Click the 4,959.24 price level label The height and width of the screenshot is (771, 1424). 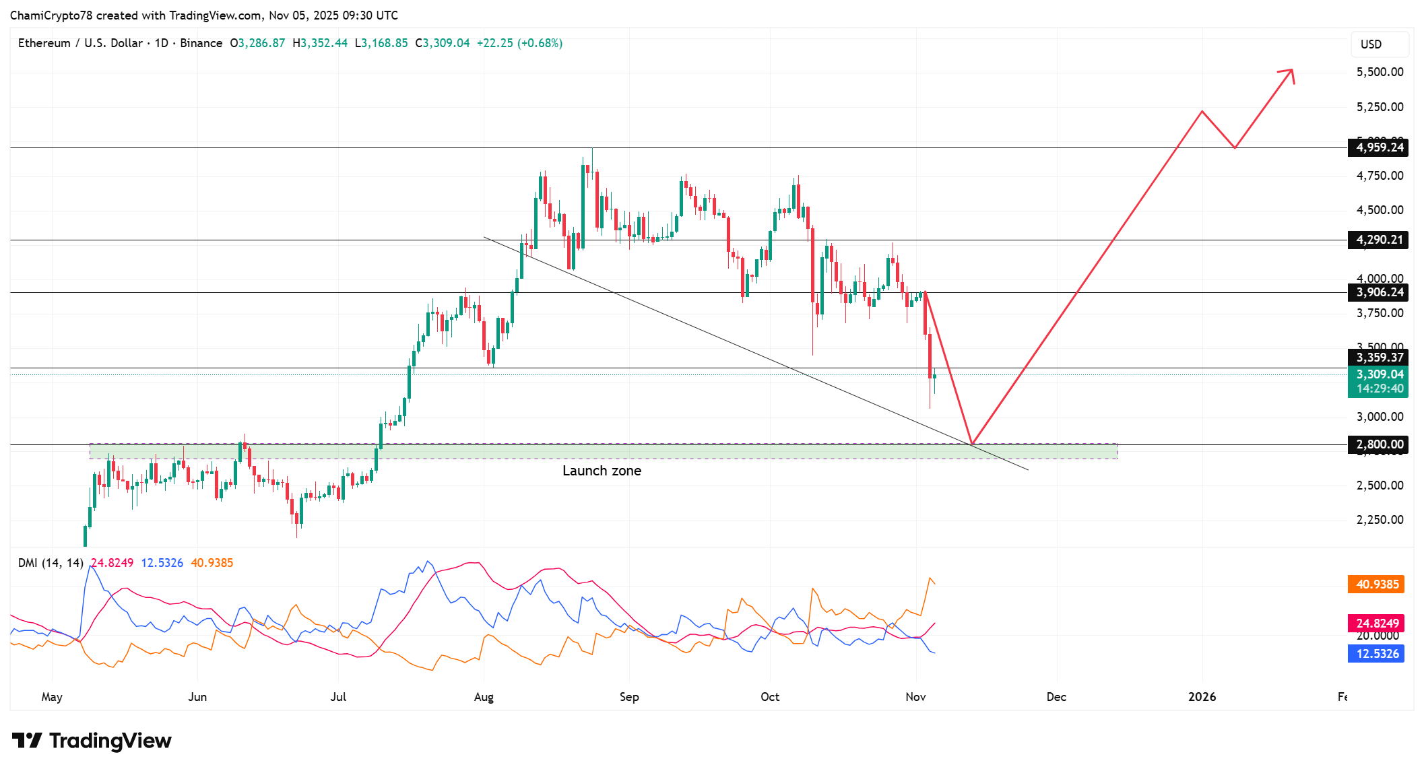pos(1378,147)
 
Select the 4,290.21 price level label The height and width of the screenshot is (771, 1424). pos(1378,240)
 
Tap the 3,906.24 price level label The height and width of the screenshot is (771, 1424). pos(1378,292)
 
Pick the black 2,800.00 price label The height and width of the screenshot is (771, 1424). pos(1378,444)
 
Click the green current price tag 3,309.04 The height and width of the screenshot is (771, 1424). pos(1378,374)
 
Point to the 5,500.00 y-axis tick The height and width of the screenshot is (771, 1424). pos(1380,72)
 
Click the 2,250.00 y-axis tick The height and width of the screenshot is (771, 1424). pos(1380,520)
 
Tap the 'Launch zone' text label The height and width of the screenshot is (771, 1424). pos(602,471)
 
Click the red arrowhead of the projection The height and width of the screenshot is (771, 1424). pos(1289,73)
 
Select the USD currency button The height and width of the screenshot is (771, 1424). pos(1378,44)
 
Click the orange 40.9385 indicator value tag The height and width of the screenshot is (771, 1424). pos(1376,584)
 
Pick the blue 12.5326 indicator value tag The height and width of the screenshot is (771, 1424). pos(1376,654)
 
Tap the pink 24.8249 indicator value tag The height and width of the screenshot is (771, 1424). pos(1376,624)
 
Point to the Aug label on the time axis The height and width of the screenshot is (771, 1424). pos(484,697)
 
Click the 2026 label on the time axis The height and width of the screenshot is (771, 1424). pos(1202,697)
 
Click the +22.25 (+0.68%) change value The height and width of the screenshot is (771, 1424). pos(519,43)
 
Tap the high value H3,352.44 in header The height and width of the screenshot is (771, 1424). pos(320,43)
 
